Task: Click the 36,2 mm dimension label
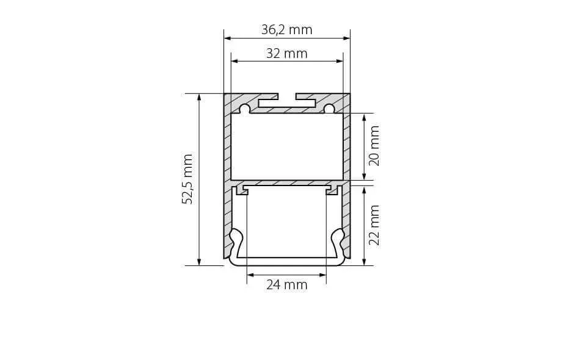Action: coord(286,30)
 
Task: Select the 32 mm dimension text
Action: coord(286,54)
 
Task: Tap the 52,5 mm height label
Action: coord(187,179)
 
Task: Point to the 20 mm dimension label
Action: coord(374,146)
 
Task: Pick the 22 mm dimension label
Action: coord(374,225)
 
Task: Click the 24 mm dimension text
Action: coord(286,284)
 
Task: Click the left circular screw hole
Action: coord(244,109)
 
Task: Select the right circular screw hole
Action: coord(329,109)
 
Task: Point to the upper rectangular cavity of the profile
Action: coord(287,146)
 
